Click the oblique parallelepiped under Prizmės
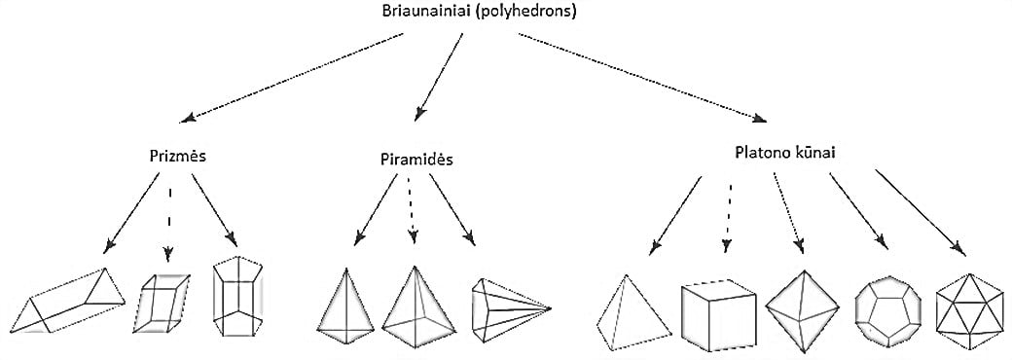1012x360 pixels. (x=162, y=305)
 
